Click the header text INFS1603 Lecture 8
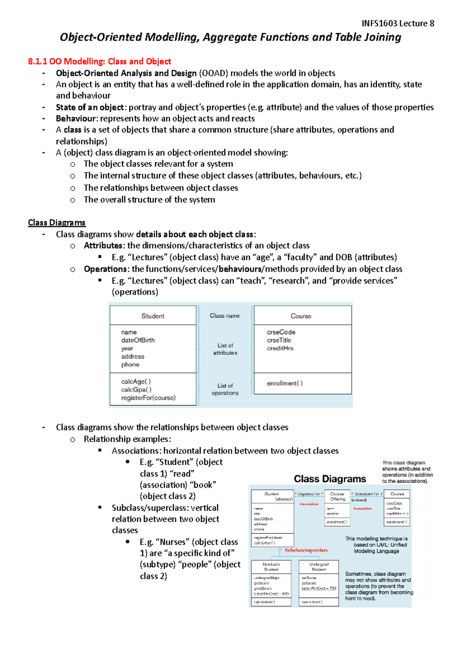(x=398, y=23)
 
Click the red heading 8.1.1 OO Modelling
(x=99, y=61)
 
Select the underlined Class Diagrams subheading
(x=57, y=223)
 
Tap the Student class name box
(x=153, y=316)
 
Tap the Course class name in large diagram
(x=301, y=316)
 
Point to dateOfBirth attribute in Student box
(x=138, y=340)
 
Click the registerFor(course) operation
(x=148, y=397)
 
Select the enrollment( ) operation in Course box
(x=285, y=383)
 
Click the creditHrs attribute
(x=280, y=348)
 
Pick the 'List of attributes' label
(x=225, y=349)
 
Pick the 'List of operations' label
(x=225, y=389)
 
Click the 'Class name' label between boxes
(x=224, y=316)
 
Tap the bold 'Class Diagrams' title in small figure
(x=330, y=479)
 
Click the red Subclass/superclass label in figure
(x=306, y=550)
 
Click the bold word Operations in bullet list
(x=105, y=269)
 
